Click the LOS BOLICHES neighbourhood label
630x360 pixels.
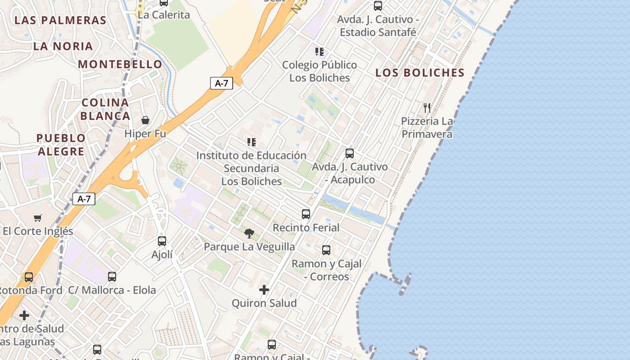[x=420, y=73]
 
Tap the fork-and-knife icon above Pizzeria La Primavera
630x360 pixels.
[x=427, y=108]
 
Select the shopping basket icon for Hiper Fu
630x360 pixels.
[x=145, y=120]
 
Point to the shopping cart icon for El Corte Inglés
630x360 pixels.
[x=38, y=218]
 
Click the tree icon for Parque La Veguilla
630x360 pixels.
[x=249, y=233]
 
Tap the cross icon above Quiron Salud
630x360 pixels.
[x=264, y=290]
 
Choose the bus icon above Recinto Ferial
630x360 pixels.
[x=306, y=214]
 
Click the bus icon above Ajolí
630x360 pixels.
[x=162, y=241]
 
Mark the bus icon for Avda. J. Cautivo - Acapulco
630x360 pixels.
[x=350, y=153]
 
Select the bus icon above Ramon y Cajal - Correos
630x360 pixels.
[x=326, y=250]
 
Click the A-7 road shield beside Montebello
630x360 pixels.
[x=221, y=83]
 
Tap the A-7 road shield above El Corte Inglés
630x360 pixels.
[x=84, y=199]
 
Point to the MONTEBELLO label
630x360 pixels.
[x=120, y=64]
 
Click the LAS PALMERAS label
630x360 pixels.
[x=60, y=20]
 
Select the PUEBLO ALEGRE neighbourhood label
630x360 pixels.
[x=61, y=144]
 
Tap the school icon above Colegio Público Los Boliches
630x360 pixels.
[x=319, y=51]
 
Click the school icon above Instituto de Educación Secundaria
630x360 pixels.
[x=252, y=142]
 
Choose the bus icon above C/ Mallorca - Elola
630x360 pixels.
[x=112, y=276]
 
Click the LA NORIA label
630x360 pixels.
[x=63, y=46]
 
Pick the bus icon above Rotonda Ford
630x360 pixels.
[x=29, y=277]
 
